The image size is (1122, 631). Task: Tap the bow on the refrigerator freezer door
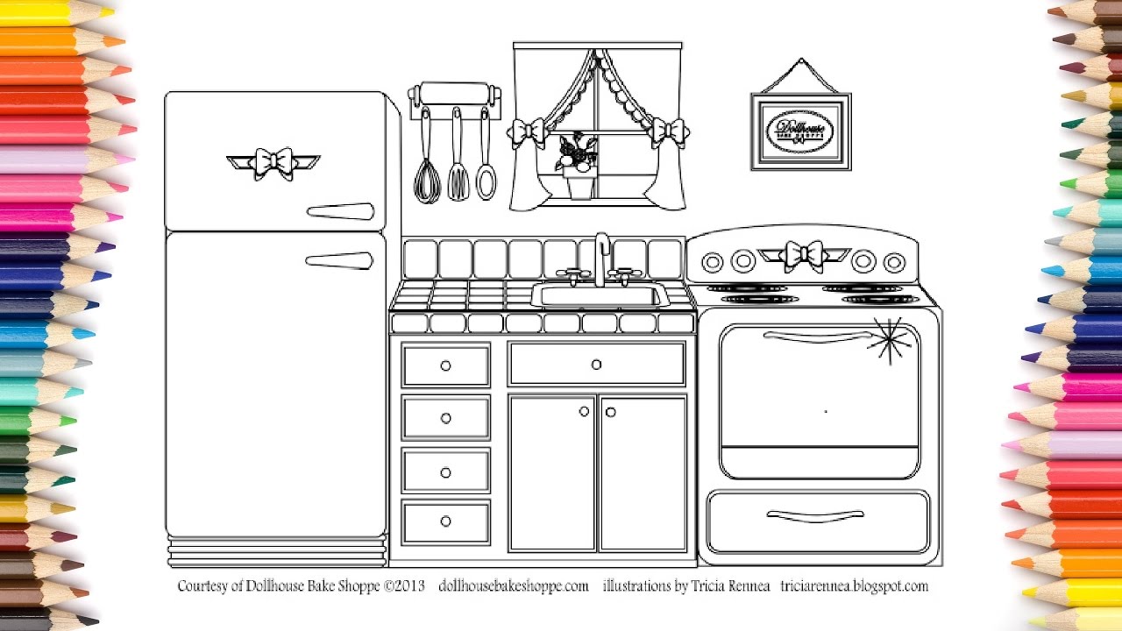click(273, 163)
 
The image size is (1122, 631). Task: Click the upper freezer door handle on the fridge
click(340, 211)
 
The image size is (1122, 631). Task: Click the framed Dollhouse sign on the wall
click(800, 132)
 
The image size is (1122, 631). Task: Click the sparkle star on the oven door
click(887, 342)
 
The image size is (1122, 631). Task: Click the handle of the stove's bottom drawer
click(815, 515)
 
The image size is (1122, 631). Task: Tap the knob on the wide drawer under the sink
click(596, 365)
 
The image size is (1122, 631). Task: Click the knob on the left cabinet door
click(585, 412)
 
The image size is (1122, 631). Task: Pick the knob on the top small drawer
click(445, 365)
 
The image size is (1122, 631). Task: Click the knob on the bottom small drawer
click(445, 521)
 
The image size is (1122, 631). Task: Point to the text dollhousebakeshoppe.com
click(513, 586)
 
